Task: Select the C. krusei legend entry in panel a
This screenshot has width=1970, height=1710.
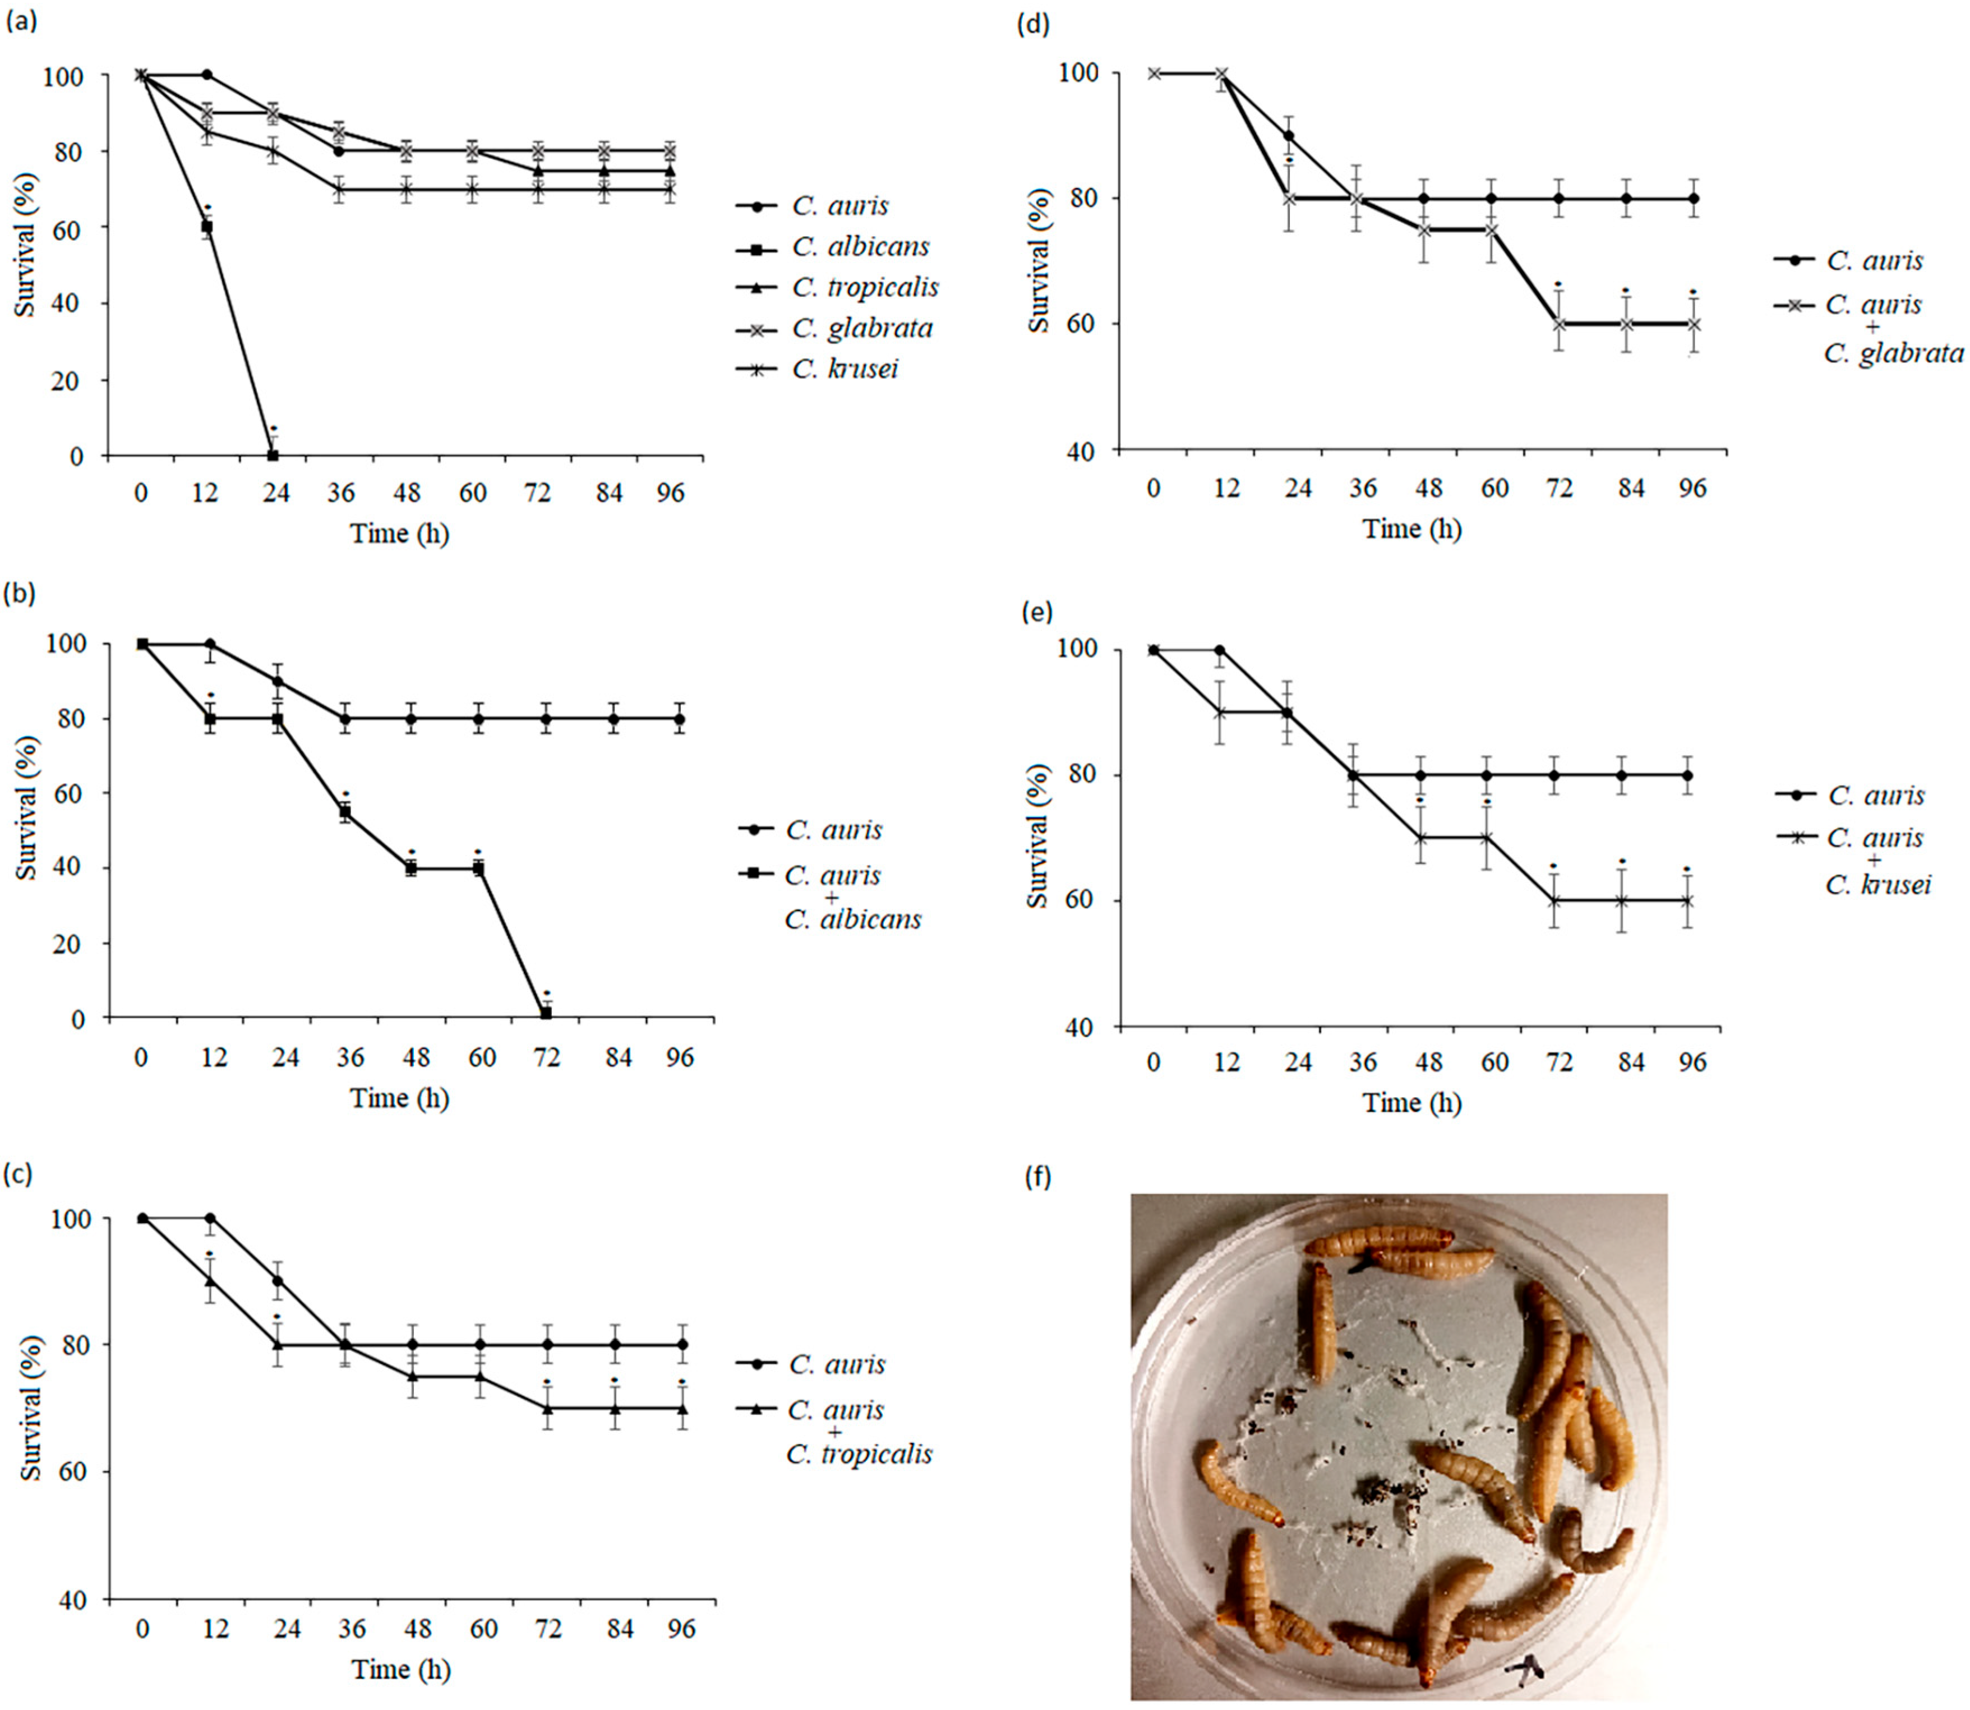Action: click(845, 369)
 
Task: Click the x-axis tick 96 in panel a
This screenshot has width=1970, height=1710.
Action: click(671, 493)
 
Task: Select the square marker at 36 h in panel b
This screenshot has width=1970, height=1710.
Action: click(345, 812)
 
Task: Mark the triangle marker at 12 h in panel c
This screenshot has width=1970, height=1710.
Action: click(210, 1281)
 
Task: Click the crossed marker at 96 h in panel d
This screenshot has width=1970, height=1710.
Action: click(1694, 324)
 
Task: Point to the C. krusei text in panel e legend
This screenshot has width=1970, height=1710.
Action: click(1877, 885)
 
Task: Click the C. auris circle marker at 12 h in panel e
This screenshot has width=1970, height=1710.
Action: click(1219, 650)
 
